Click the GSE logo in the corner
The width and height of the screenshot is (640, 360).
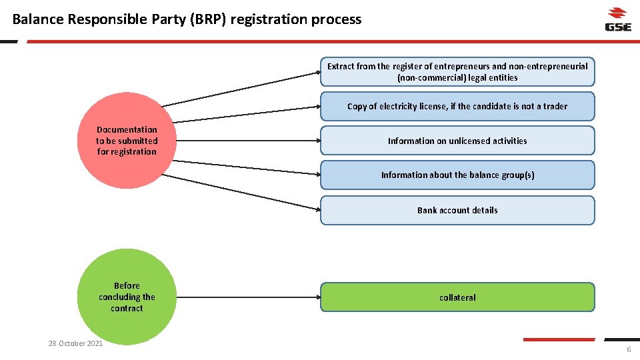(617, 19)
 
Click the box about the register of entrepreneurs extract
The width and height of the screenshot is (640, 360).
(457, 72)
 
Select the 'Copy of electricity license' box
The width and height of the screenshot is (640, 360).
(457, 106)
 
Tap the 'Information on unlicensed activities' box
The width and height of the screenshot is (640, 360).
(457, 141)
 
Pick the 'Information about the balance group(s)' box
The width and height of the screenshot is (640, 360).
(457, 175)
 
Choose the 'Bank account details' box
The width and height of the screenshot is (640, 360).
(457, 210)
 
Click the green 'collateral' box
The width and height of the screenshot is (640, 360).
(457, 297)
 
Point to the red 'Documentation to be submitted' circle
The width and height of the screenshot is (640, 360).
(127, 141)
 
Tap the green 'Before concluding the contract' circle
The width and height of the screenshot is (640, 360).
(127, 297)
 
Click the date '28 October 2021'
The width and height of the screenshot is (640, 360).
(75, 343)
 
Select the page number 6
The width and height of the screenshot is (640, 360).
(628, 351)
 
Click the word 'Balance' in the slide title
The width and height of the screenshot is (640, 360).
(38, 19)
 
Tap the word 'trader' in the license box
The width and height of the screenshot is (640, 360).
(555, 106)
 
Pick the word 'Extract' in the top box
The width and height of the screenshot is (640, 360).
(341, 66)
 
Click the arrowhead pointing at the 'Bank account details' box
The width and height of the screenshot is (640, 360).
(317, 209)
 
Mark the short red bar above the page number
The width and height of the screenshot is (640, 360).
(558, 339)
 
